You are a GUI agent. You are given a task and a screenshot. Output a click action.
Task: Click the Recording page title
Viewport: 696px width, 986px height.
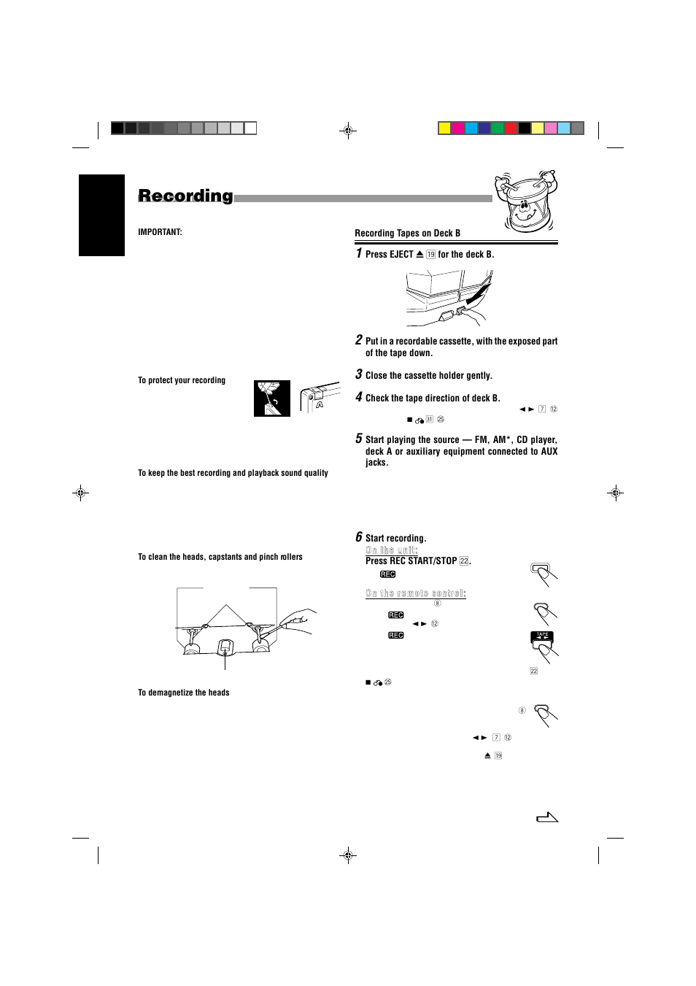185,196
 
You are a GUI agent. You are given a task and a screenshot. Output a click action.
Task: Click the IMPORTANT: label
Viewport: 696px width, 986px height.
160,232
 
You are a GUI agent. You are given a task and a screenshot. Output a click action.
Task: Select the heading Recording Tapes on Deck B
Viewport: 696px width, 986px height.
407,234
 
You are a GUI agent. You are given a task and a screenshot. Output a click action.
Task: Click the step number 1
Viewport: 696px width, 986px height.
359,253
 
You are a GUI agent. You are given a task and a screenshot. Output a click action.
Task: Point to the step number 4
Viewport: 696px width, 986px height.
359,397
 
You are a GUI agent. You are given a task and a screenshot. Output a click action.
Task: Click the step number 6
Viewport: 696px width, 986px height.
359,537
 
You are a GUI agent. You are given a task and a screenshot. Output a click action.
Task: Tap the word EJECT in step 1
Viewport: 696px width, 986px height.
401,255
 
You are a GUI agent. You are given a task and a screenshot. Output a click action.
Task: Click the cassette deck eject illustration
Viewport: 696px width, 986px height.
449,298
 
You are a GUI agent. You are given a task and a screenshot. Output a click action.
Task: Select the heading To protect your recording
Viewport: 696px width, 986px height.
182,380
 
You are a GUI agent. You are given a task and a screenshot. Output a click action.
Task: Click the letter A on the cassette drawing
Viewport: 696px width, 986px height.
320,404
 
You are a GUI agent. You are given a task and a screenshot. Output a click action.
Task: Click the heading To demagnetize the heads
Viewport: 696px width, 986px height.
183,693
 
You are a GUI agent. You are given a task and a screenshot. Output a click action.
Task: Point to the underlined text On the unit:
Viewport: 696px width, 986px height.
391,550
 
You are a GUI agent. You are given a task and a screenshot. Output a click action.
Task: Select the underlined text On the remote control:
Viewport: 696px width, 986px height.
415,593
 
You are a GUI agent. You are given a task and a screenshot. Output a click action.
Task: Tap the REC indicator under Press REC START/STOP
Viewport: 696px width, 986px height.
388,574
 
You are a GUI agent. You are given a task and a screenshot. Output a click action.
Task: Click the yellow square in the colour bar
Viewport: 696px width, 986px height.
444,128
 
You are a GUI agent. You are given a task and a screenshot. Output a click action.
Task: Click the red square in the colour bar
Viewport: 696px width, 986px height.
511,128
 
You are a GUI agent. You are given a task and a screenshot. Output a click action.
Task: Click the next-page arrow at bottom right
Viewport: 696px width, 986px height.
547,817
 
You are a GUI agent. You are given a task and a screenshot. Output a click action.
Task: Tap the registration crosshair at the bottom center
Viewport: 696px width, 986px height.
349,855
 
